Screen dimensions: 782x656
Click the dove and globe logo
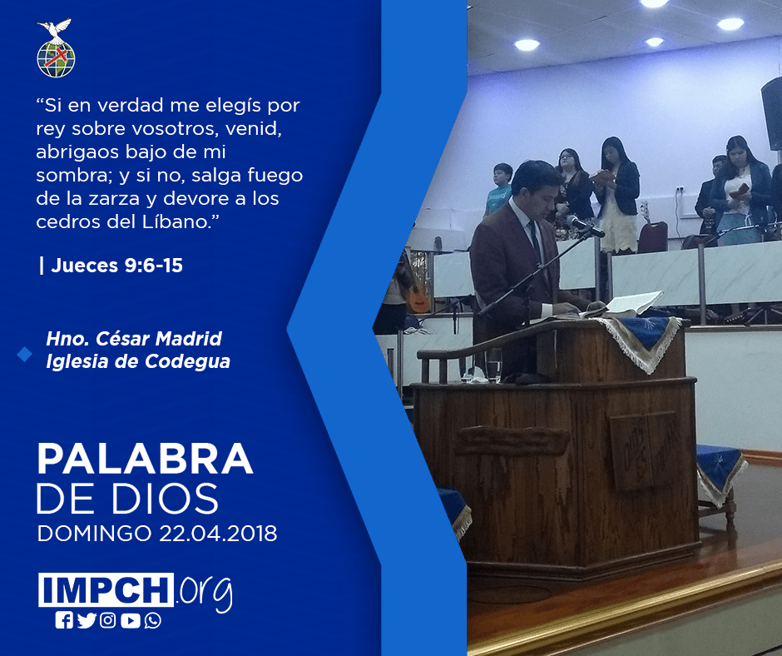point(56,48)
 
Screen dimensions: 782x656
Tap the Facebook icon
point(64,620)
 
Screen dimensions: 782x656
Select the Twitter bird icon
point(87,620)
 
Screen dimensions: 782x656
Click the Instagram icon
point(107,620)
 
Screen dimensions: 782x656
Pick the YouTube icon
point(130,620)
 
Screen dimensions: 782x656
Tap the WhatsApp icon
point(152,620)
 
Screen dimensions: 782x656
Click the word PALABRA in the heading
point(145,459)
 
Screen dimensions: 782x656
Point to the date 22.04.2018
point(218,534)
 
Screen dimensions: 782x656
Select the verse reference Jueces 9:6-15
point(116,266)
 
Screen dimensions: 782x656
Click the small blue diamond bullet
point(24,355)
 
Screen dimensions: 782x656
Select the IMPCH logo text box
point(106,589)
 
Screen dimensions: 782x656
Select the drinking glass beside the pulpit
point(493,365)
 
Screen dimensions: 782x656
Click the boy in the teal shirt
point(499,188)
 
